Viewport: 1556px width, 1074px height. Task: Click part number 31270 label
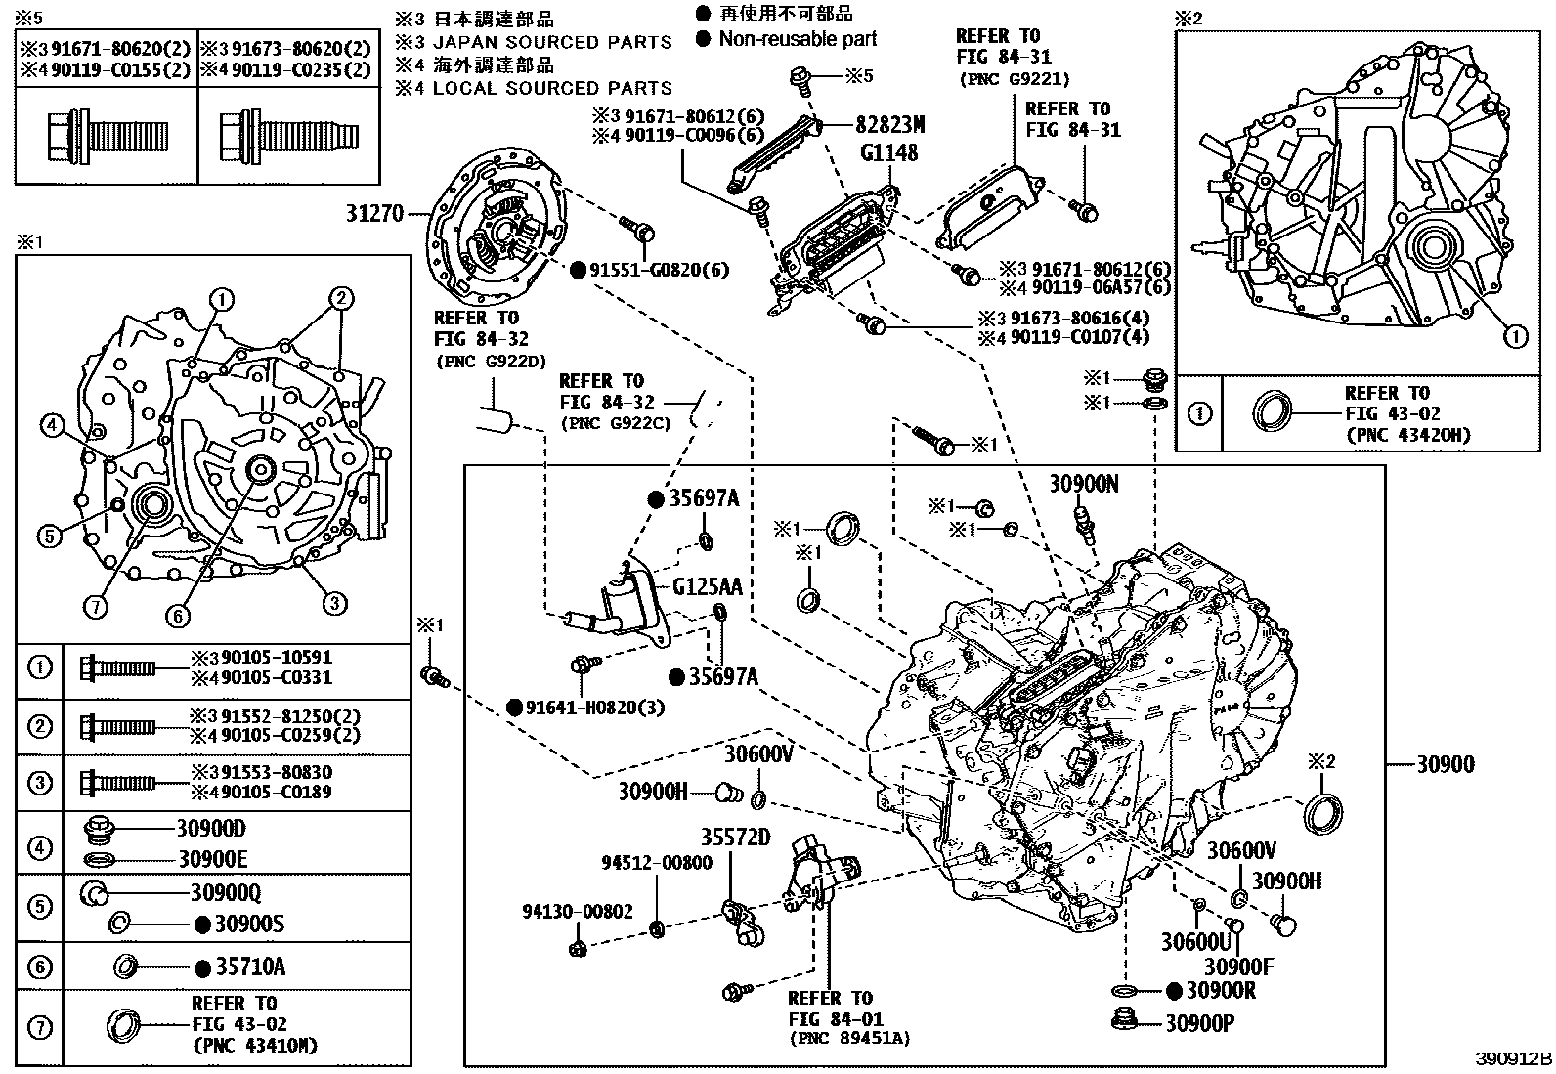point(375,212)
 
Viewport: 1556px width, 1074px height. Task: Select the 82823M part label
point(889,125)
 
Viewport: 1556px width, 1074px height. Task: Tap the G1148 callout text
point(888,152)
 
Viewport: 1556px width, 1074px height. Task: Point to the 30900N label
point(1084,483)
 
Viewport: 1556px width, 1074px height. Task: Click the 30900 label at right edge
point(1447,764)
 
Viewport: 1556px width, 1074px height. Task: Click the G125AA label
point(707,586)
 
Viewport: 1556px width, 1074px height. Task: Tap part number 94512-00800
point(656,863)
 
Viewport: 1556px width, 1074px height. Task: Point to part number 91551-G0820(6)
point(659,271)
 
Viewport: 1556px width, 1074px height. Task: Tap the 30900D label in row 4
point(211,829)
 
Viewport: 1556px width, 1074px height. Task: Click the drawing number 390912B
point(1513,1060)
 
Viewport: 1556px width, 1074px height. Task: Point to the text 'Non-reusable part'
point(797,39)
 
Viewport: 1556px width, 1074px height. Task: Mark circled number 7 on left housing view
point(95,607)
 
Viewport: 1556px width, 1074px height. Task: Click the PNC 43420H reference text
point(1406,435)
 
